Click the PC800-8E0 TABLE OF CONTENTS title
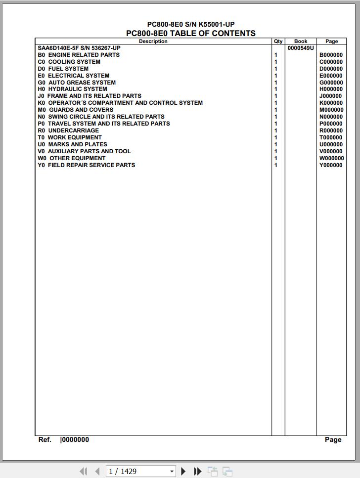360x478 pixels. [191, 33]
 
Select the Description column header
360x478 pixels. [153, 42]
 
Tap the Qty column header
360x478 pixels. [278, 42]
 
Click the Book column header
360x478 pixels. [301, 42]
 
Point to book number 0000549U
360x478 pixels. [301, 48]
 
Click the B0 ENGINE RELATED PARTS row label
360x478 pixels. [79, 55]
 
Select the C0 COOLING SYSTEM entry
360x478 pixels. [69, 62]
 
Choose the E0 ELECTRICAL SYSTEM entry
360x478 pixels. [74, 76]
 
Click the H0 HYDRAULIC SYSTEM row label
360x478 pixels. [72, 89]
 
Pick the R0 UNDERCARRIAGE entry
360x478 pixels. [68, 130]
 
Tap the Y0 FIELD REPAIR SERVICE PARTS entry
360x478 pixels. [86, 165]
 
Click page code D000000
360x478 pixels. [331, 69]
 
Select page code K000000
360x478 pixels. [331, 103]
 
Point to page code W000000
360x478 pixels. [331, 158]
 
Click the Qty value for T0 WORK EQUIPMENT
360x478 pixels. [276, 137]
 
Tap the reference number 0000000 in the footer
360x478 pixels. [75, 439]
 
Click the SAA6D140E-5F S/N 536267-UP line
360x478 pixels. [79, 48]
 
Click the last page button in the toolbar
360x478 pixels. [197, 471]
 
